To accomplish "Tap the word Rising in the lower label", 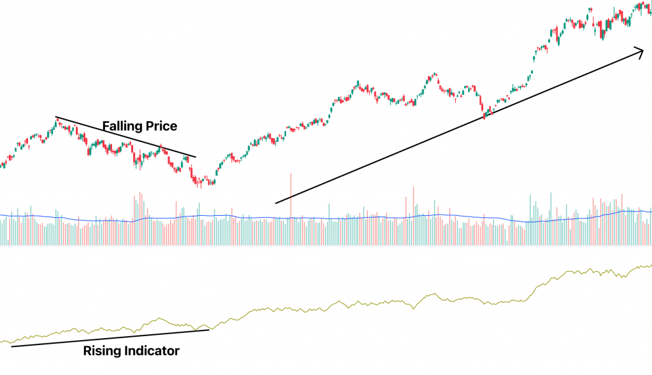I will point(101,351).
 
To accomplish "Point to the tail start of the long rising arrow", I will point(276,203).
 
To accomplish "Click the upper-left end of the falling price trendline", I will point(56,117).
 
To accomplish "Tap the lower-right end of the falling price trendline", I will point(196,157).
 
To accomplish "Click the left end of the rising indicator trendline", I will point(11,346).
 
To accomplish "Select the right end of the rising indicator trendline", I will point(209,329).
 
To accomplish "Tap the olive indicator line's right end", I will point(650,265).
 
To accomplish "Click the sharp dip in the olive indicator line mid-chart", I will point(413,309).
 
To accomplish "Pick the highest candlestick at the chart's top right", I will point(639,5).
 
